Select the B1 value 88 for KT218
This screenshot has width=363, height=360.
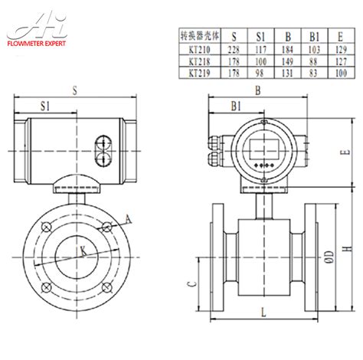click(312, 59)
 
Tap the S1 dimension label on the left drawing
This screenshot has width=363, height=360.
click(46, 108)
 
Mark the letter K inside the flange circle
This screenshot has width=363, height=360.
click(83, 250)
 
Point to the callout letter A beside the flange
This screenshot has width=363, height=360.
click(128, 220)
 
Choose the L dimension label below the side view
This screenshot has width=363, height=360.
click(263, 312)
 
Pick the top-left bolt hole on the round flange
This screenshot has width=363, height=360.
click(47, 226)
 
